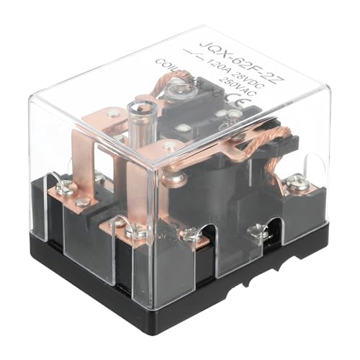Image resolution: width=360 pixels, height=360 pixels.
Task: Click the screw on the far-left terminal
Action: pos(63,189)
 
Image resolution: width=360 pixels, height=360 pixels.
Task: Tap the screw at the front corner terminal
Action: pos(133,231)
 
